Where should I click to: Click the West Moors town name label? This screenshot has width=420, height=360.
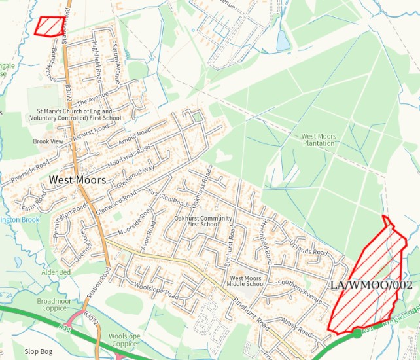pos(73,178)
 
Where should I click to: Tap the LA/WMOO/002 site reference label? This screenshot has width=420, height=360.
pos(372,285)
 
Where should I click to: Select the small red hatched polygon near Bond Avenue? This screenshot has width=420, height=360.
pos(50,26)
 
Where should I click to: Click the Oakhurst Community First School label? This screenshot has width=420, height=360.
pos(203,221)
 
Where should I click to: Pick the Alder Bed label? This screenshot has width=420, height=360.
pos(55,272)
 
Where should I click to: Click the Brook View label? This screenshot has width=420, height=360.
pos(48,141)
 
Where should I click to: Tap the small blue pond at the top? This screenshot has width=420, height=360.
pos(283,41)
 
